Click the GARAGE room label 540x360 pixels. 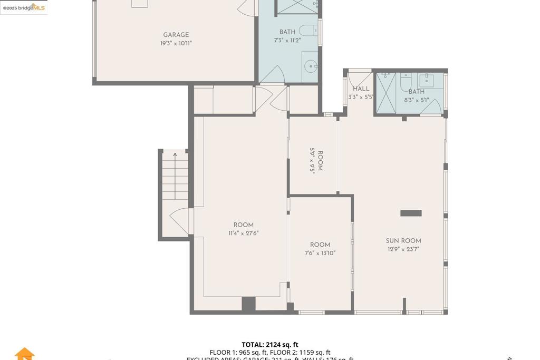[x=176, y=35]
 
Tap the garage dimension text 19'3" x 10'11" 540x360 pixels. [x=176, y=44]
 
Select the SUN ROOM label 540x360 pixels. [x=403, y=241]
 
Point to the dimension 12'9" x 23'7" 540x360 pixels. [x=403, y=249]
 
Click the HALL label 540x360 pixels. [x=361, y=89]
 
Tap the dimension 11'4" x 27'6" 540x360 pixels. [x=243, y=233]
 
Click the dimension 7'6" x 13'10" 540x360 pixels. [x=320, y=253]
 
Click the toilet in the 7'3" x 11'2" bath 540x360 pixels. [x=308, y=31]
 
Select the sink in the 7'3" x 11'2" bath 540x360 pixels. [x=311, y=66]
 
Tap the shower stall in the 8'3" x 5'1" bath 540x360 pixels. [x=385, y=93]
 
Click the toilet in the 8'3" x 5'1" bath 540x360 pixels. [x=406, y=82]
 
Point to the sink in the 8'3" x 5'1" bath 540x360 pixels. [x=426, y=81]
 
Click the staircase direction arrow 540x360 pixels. [x=175, y=154]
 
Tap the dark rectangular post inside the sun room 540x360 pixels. [x=411, y=213]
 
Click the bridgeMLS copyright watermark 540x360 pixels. [x=24, y=7]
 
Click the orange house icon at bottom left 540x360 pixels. [x=24, y=354]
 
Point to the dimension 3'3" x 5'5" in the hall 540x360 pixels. [x=361, y=97]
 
